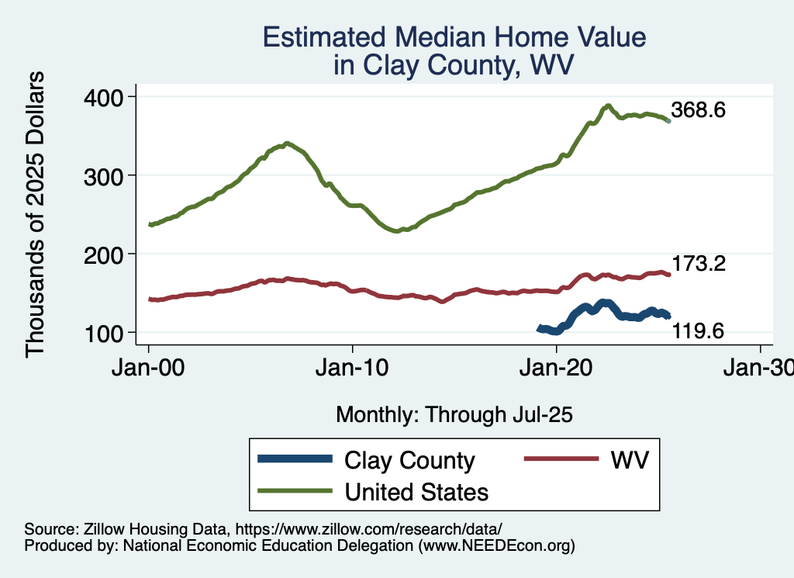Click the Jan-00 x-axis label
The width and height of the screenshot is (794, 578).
click(x=149, y=369)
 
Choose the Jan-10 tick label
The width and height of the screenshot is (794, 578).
click(x=353, y=369)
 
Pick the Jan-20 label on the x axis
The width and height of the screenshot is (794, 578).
click(x=557, y=369)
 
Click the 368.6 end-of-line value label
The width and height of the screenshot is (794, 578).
click(x=698, y=110)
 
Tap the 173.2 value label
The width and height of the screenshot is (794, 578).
click(x=698, y=264)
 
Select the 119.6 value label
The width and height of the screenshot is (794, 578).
click(x=698, y=332)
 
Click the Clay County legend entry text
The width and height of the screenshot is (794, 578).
click(x=409, y=460)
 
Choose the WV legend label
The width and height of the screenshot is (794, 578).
click(x=629, y=460)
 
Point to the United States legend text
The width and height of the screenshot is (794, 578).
click(x=416, y=492)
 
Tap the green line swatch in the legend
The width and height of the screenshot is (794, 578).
click(x=295, y=490)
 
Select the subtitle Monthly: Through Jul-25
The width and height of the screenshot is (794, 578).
click(x=454, y=415)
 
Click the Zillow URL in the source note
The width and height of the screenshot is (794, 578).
click(x=369, y=528)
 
